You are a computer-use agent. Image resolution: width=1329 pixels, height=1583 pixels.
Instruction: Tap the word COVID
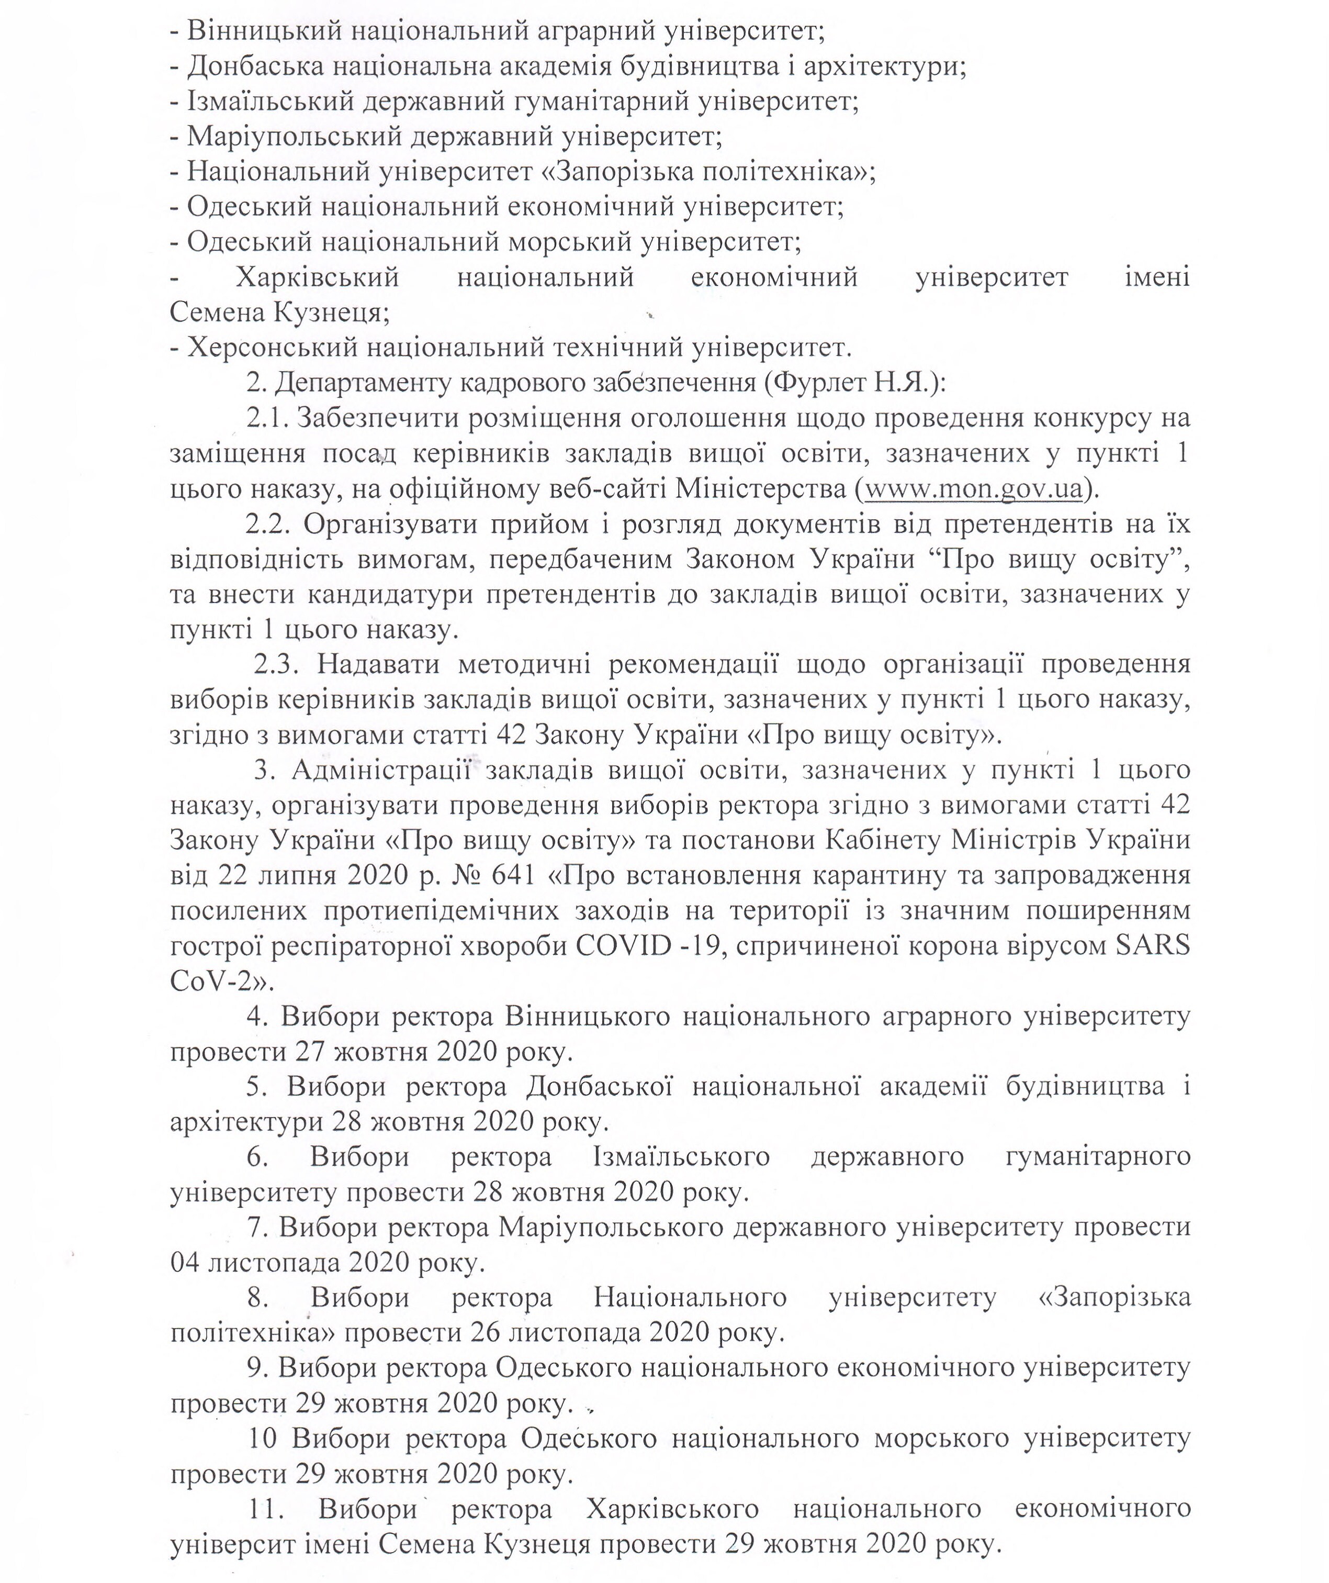point(622,945)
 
